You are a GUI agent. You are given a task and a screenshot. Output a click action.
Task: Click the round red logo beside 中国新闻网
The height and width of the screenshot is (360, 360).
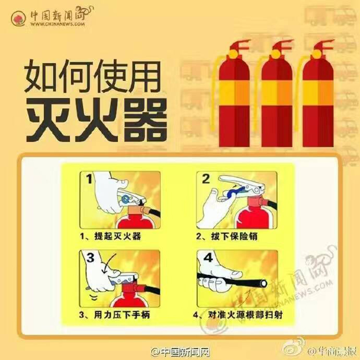[x=18, y=19]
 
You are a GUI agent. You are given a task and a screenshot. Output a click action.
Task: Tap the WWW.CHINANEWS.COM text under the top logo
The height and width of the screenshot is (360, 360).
[x=58, y=24]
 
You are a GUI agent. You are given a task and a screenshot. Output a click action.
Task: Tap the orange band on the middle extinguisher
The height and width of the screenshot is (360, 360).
[x=277, y=93]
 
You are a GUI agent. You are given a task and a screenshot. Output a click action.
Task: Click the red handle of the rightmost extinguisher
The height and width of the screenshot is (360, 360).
[x=324, y=45]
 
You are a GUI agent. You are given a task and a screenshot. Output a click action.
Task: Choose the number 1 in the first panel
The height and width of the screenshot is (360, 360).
[x=89, y=179]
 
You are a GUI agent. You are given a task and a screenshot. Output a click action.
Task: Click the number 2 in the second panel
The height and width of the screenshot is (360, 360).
[x=206, y=179]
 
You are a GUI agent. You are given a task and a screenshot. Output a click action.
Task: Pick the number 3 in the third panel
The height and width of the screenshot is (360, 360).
[x=90, y=258]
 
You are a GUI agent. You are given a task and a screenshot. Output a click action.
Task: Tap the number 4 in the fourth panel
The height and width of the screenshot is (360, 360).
[x=208, y=258]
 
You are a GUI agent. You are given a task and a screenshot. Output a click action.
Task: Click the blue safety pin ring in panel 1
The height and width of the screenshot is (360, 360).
[x=126, y=199]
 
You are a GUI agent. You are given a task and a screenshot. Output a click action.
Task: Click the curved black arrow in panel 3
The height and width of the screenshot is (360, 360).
[x=108, y=263]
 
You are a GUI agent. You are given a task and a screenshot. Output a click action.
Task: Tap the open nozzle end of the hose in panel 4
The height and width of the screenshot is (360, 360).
[x=264, y=283]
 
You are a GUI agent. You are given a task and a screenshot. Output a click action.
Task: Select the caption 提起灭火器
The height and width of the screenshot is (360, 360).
[x=118, y=236]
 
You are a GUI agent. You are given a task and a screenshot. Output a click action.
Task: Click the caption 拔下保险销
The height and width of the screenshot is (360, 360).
[x=234, y=236]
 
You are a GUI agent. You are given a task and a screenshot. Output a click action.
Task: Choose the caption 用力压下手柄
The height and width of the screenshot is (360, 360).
[x=122, y=314]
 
